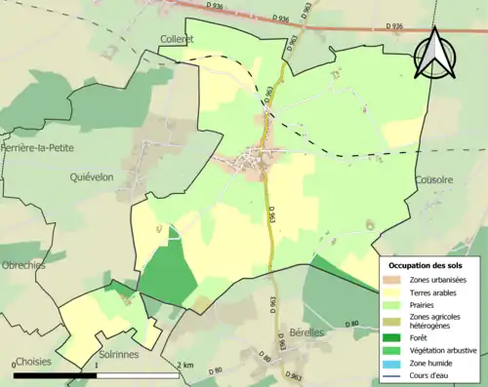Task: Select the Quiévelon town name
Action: pyautogui.click(x=97, y=176)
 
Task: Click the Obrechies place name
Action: pyautogui.click(x=23, y=266)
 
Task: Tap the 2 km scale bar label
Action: pyautogui.click(x=184, y=365)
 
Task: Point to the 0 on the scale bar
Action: pyautogui.click(x=16, y=365)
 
